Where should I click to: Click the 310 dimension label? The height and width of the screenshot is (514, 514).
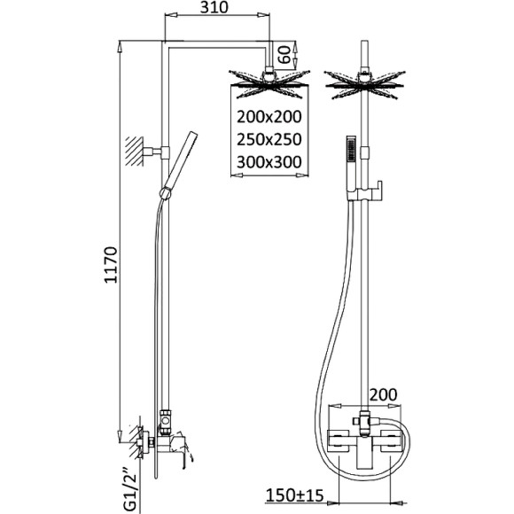click(x=214, y=7)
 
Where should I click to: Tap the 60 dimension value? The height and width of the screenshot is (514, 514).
click(x=284, y=55)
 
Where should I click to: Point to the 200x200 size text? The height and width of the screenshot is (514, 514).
click(x=269, y=117)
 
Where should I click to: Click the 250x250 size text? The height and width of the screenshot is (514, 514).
click(x=269, y=139)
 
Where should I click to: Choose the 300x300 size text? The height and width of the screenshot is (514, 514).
click(x=269, y=162)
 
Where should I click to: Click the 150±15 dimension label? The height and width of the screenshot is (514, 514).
click(x=294, y=495)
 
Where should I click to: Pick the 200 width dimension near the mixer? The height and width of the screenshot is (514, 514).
click(x=383, y=394)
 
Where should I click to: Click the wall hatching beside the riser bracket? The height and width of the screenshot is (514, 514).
click(x=135, y=152)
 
